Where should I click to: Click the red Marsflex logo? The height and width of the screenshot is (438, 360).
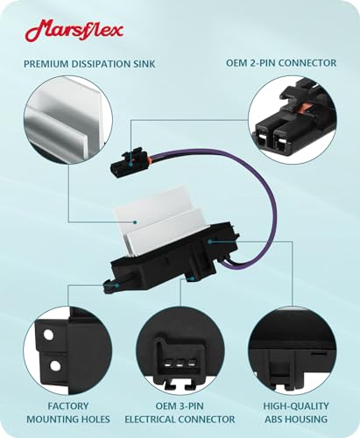[x=74, y=31]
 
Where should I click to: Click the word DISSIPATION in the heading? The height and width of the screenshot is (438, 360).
[x=102, y=64]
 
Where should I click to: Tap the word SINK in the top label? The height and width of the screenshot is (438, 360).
[x=145, y=64]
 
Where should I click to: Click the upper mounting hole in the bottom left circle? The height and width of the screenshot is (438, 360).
[x=48, y=334]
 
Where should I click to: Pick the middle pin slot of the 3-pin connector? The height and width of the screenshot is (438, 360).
[x=180, y=364]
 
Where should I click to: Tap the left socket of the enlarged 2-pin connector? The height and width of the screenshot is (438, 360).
[x=263, y=139]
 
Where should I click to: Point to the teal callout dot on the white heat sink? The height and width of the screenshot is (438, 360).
[x=135, y=223]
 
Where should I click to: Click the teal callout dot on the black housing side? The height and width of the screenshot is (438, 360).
[x=209, y=242]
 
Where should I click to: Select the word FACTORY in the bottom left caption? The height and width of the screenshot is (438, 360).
[x=68, y=406]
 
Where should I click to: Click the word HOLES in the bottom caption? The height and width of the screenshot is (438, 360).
[x=94, y=420]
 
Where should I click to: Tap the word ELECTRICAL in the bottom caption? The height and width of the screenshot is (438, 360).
[x=151, y=420]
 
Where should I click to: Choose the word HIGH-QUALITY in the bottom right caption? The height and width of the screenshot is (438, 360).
[x=296, y=406]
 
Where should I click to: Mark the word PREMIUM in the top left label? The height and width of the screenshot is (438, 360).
[x=46, y=64]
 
